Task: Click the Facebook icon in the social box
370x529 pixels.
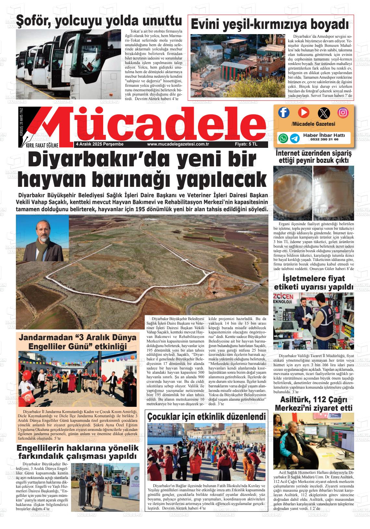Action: [x=284, y=112]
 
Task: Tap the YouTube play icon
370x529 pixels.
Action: [x=303, y=112]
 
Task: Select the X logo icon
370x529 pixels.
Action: [x=323, y=113]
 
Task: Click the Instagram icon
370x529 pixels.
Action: [x=343, y=112]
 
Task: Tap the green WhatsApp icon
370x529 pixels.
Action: [x=283, y=138]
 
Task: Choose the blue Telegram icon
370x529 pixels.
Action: [x=295, y=138]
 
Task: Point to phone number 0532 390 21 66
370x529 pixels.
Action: [x=320, y=139]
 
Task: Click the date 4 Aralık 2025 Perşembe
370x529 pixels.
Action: [x=99, y=144]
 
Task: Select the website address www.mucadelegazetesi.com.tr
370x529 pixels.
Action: [x=178, y=144]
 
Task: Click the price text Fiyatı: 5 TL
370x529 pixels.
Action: [x=246, y=144]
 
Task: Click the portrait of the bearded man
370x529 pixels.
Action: [x=43, y=239]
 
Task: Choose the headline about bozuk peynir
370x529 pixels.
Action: [x=313, y=156]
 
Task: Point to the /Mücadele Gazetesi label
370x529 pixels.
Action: [x=313, y=124]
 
